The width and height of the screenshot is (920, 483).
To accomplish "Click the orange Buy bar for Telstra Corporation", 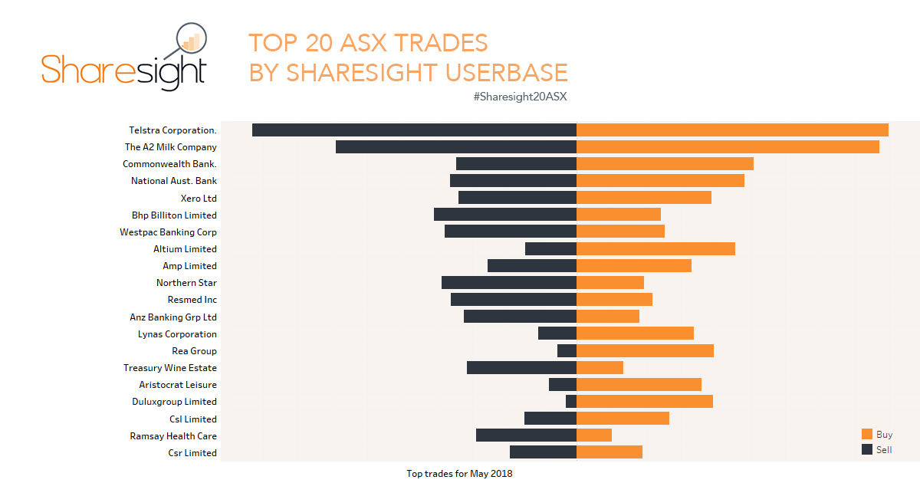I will [x=732, y=130].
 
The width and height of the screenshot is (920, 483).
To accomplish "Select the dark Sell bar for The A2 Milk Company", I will [x=455, y=147].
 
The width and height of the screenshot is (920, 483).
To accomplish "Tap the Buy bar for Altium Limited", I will [x=655, y=249].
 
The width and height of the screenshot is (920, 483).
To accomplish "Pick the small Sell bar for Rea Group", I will [x=567, y=351].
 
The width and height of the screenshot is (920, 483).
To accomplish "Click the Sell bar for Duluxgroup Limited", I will [x=571, y=402].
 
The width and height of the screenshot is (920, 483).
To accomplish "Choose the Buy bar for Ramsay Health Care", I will [x=594, y=435].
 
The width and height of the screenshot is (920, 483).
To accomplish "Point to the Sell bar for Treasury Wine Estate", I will [x=521, y=368].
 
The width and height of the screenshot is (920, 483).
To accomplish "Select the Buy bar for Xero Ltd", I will [x=644, y=198].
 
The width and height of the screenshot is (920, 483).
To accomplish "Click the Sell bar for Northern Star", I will [x=509, y=283].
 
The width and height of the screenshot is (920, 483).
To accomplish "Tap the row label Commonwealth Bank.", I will [x=169, y=164].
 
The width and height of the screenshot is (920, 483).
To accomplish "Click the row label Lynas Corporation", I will [x=177, y=334].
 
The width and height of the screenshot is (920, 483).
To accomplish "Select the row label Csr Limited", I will [x=192, y=453].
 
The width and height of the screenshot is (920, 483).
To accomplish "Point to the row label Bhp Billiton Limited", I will [x=174, y=215].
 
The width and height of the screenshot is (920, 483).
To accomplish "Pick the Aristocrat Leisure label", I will [x=178, y=385].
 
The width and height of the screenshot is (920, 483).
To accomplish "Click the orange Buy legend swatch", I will [x=867, y=435].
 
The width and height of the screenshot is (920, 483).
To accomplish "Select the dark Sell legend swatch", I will [x=867, y=449].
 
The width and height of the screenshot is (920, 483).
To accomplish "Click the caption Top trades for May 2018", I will [x=459, y=474].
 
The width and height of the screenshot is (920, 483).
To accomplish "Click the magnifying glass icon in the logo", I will [x=191, y=39].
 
